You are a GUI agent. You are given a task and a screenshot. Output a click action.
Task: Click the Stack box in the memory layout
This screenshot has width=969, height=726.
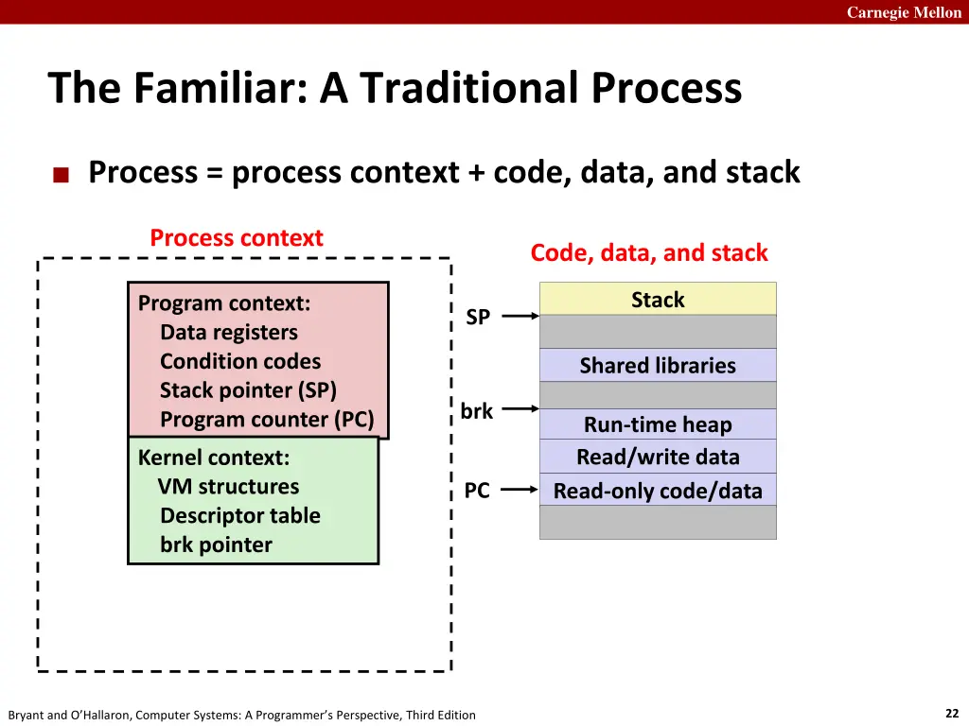click(658, 300)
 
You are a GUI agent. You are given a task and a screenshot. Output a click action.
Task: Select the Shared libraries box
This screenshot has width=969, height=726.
click(658, 365)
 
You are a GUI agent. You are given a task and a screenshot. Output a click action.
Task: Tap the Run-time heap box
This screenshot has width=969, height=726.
click(658, 424)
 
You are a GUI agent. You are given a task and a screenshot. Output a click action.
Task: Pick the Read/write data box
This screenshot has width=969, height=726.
click(658, 457)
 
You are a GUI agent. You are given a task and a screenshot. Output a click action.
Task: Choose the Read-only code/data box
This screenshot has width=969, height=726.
click(658, 491)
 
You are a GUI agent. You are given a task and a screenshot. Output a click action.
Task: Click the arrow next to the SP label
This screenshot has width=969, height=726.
click(520, 318)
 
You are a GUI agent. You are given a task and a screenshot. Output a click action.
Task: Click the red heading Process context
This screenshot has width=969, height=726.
click(237, 238)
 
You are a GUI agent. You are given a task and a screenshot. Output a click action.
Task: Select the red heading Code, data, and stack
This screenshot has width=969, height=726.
click(649, 252)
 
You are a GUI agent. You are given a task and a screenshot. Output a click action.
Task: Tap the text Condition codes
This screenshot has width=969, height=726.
click(240, 361)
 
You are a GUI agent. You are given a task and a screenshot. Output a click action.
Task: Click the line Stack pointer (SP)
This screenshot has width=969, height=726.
click(248, 390)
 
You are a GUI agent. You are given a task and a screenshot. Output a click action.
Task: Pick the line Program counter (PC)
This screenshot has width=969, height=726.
click(267, 420)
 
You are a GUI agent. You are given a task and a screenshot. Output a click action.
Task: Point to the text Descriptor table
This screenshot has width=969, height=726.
click(240, 516)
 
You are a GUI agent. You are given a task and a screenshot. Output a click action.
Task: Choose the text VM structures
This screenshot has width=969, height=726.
click(228, 487)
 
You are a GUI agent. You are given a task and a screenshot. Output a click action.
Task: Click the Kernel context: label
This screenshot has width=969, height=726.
click(214, 458)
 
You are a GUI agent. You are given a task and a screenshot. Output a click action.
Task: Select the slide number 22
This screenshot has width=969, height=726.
click(952, 714)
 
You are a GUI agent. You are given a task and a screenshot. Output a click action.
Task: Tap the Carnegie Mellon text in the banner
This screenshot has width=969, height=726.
click(904, 12)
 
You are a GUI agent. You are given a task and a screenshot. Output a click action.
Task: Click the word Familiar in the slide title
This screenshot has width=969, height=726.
click(212, 89)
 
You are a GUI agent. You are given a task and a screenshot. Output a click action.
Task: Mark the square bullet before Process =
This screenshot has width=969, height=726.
click(62, 174)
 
